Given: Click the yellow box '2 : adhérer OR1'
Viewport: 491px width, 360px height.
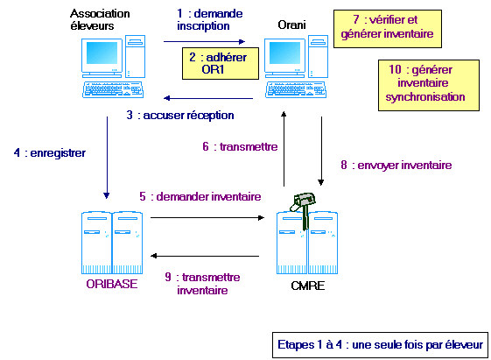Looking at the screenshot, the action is click(x=221, y=63).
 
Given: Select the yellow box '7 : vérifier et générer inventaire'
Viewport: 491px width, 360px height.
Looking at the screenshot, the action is click(x=388, y=29).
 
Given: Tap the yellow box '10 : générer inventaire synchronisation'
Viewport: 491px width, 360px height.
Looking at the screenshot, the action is click(x=429, y=85).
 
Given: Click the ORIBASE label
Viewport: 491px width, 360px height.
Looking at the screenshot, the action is click(x=112, y=284).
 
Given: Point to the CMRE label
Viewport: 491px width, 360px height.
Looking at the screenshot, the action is click(x=307, y=286).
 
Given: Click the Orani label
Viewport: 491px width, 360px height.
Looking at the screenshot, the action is click(x=291, y=25).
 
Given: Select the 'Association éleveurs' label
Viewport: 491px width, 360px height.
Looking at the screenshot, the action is click(x=100, y=19).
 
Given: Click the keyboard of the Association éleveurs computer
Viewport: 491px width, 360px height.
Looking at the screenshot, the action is click(x=113, y=89).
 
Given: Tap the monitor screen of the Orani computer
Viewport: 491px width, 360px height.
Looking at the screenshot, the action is click(x=284, y=53).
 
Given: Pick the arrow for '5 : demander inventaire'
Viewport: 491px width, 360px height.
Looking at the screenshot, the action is click(x=207, y=217).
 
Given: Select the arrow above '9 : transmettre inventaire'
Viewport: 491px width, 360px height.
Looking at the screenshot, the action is click(x=205, y=256).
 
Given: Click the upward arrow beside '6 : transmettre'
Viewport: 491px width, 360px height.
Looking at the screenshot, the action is click(x=284, y=149).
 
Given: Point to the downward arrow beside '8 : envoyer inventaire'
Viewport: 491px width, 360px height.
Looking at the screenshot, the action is click(x=321, y=151).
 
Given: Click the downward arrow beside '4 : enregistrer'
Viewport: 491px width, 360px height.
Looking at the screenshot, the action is click(x=107, y=158).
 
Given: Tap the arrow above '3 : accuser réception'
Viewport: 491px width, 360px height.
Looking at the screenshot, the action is click(x=208, y=98).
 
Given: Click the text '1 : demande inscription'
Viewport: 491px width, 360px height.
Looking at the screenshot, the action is click(x=209, y=19).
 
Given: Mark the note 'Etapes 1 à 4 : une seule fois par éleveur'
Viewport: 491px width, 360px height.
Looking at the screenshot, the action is click(x=380, y=344).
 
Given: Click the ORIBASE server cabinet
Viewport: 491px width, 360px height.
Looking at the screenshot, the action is click(x=112, y=243).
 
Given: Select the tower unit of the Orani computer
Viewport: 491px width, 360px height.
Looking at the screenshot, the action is click(x=319, y=56).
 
